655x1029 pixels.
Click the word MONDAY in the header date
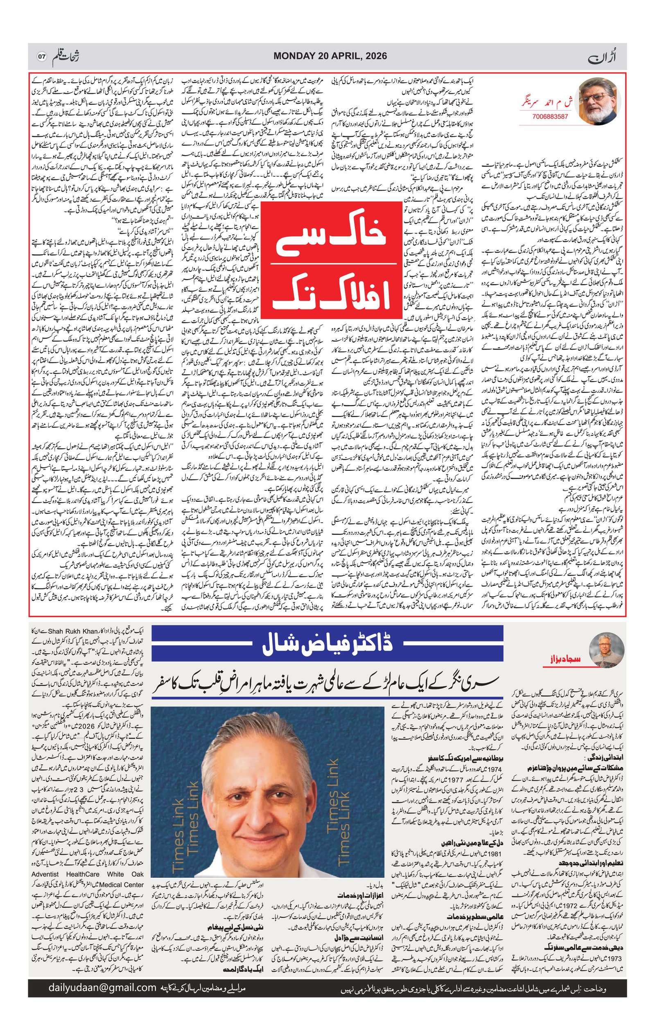click(x=293, y=56)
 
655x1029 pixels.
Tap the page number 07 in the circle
click(x=41, y=56)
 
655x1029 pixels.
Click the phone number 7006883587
click(x=550, y=116)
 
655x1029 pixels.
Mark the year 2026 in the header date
click(x=372, y=56)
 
